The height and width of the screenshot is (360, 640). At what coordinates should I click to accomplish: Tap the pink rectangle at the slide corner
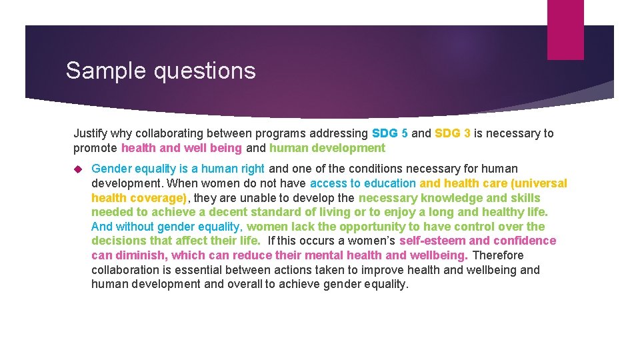click(x=565, y=29)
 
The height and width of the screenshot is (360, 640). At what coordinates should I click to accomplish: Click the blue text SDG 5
click(x=389, y=133)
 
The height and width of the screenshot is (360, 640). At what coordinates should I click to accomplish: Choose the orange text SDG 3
click(x=452, y=133)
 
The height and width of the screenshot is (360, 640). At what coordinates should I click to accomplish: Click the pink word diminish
click(x=140, y=255)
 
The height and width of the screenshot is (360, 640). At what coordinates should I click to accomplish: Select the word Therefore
click(x=498, y=255)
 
